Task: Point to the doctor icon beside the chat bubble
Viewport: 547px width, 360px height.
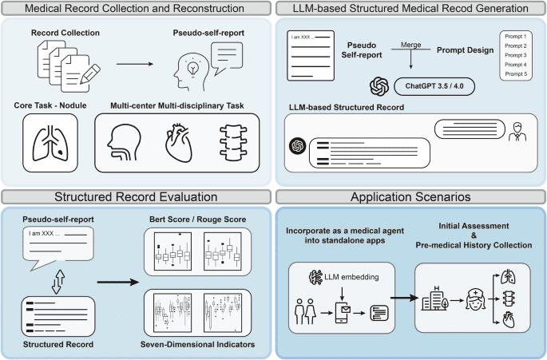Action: point(518,131)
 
